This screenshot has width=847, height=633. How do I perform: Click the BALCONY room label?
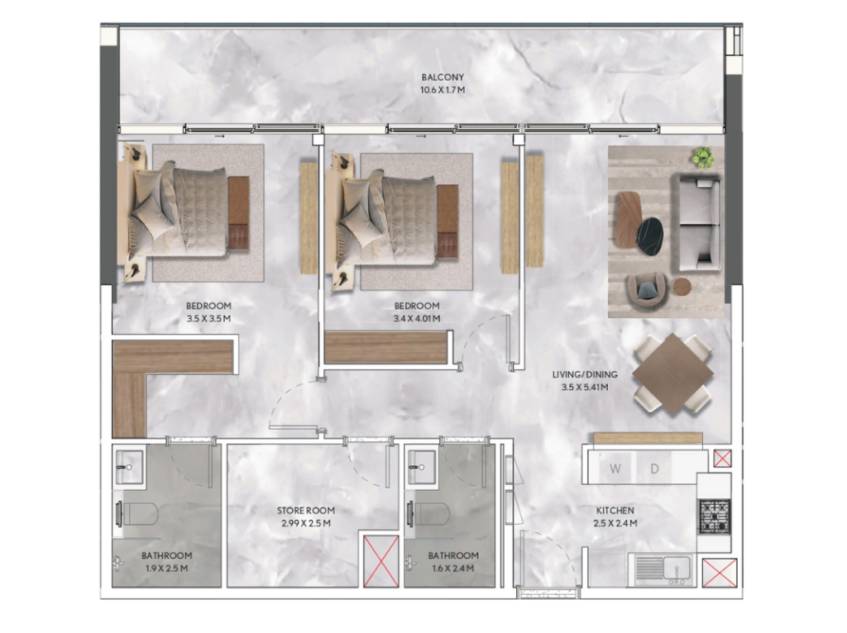[443, 77]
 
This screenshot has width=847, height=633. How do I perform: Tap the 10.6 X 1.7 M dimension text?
[443, 90]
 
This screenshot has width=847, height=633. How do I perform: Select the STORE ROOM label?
[306, 510]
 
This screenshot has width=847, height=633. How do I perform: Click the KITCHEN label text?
[615, 510]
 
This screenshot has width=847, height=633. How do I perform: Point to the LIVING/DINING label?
[585, 374]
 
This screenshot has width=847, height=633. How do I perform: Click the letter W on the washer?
[615, 469]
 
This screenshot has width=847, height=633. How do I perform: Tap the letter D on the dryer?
[654, 469]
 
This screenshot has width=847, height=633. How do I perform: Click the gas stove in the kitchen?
[715, 516]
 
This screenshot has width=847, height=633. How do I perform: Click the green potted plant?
[702, 156]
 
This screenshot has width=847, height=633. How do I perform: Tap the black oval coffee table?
[650, 235]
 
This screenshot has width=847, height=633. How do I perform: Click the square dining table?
[672, 374]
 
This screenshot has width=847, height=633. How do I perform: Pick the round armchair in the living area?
[647, 292]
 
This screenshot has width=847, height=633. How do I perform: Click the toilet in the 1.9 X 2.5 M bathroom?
[137, 514]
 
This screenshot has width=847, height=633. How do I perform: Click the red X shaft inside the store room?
[380, 560]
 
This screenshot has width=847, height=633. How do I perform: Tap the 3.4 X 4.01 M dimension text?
[417, 319]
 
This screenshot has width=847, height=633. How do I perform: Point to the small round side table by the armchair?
[682, 287]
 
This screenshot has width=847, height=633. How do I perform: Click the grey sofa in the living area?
[696, 223]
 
